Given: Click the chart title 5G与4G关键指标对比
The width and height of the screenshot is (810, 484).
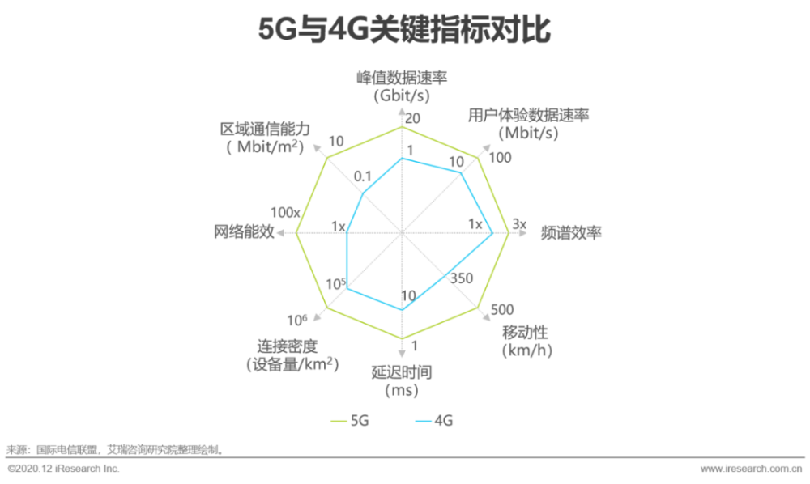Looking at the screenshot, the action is point(404,29).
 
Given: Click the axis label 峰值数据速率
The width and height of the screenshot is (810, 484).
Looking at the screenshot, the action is point(402,78).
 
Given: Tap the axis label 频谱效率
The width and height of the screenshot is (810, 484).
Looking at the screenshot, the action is point(571,233).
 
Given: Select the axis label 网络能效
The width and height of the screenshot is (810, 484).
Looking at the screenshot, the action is point(244,231).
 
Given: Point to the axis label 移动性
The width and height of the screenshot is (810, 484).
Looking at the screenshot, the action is point(526,332).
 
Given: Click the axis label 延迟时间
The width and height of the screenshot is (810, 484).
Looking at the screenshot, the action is point(402,372).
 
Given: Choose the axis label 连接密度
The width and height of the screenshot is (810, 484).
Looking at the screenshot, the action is point(288,346).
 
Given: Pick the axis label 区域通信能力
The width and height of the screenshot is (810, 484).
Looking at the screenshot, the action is point(265,129).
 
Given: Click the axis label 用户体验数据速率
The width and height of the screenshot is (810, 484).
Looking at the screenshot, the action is point(528,115).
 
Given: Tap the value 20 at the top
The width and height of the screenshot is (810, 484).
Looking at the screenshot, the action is point(412,118).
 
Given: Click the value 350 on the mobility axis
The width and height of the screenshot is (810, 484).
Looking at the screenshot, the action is point(462,278).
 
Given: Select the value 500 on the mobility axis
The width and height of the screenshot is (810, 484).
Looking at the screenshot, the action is point(501,310).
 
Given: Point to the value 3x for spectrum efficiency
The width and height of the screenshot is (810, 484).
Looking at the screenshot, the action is point(519,224).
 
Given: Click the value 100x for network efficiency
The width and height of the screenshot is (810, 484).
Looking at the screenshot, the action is point(285,213).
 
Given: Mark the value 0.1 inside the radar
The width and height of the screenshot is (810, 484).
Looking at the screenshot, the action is point(363,176).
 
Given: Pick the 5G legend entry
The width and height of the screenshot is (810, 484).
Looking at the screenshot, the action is point(350,421).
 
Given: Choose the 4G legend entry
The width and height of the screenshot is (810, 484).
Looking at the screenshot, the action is point(434,421).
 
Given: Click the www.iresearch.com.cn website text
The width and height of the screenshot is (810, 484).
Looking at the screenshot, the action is point(751,469).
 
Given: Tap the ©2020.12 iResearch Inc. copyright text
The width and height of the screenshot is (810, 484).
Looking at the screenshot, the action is point(63,469).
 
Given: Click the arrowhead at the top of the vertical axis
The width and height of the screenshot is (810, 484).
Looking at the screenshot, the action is point(402,112).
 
